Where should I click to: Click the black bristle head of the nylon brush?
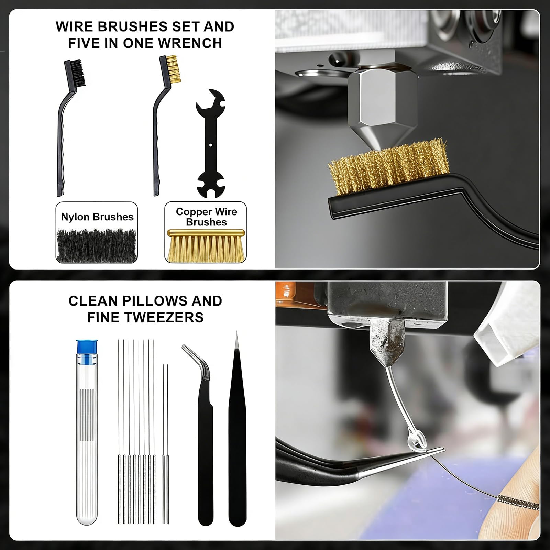click(x=78, y=73)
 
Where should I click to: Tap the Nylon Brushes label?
click(x=97, y=217)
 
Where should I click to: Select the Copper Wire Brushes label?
click(x=206, y=217)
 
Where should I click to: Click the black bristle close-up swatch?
click(x=97, y=245)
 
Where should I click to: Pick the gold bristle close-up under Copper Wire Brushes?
click(x=206, y=245)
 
